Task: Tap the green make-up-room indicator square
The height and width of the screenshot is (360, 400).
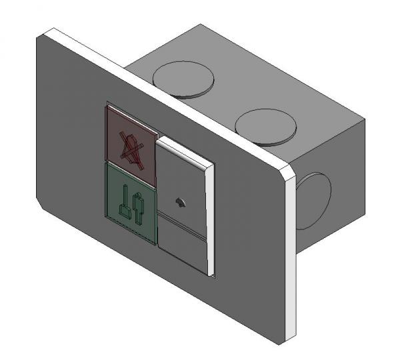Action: pos(131,200)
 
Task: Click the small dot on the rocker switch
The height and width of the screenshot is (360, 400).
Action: pos(179,201)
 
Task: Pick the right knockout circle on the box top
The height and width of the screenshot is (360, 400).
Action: pos(265,125)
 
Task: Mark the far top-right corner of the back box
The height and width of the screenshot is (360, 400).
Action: pos(365,121)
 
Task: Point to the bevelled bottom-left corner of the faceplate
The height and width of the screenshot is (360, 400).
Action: pos(41,205)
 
